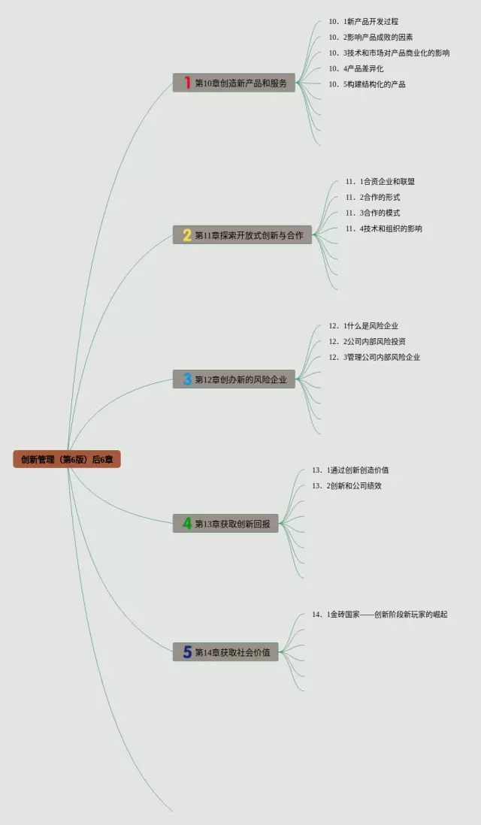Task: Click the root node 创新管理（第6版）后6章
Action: pos(67,459)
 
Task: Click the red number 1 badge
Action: pos(187,83)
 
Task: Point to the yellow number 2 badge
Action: pos(187,235)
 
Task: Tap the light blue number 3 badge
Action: pos(187,379)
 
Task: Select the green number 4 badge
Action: pos(187,524)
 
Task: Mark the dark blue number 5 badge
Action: pos(187,652)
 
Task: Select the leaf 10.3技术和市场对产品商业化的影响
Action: pos(389,53)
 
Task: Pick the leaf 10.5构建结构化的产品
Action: pos(367,84)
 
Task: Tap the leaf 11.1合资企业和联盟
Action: pos(380,181)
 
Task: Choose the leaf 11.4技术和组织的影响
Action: pos(383,228)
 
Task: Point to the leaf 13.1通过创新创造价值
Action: pos(350,470)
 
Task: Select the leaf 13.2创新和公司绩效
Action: pos(346,486)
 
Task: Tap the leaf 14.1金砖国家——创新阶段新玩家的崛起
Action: pos(380,615)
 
